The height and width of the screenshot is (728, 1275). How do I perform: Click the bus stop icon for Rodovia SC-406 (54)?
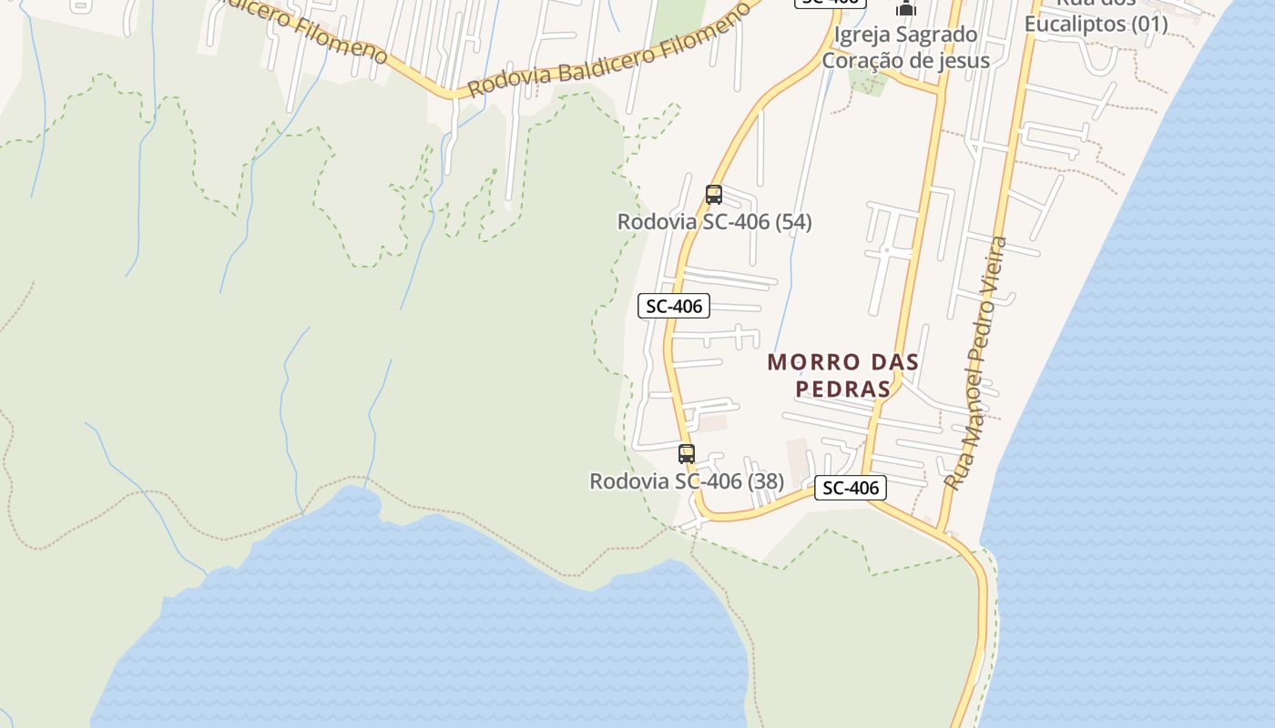(713, 194)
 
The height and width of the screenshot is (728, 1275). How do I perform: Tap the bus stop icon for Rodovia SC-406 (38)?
(687, 453)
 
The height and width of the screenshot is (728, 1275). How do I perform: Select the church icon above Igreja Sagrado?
(905, 8)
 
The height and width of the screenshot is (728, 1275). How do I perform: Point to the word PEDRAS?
(842, 389)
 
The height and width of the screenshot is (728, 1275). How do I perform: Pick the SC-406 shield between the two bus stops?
(674, 306)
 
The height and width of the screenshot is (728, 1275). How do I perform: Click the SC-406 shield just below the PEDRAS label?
(850, 488)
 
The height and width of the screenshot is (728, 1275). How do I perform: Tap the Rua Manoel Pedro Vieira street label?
(975, 362)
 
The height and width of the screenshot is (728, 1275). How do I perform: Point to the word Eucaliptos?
(1074, 24)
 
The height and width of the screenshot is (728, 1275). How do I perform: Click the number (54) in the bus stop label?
(792, 221)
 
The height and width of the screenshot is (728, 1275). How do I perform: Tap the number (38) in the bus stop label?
(765, 480)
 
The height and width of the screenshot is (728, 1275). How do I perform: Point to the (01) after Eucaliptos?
(1148, 24)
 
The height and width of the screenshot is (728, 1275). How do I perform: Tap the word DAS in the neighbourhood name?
(881, 362)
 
